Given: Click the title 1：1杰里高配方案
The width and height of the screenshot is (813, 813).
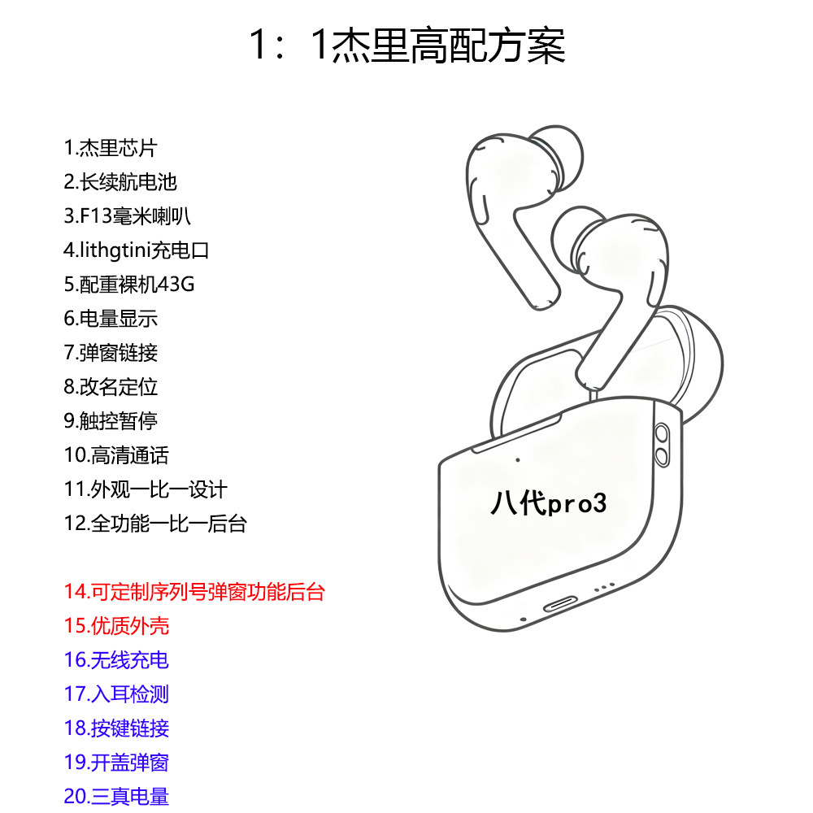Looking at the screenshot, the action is pyautogui.click(x=406, y=46).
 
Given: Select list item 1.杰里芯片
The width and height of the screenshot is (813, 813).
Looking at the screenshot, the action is pyautogui.click(x=111, y=148).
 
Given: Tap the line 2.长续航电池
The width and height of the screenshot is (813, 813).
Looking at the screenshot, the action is pyautogui.click(x=120, y=182).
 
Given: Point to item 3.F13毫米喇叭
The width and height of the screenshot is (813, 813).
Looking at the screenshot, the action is pyautogui.click(x=128, y=216).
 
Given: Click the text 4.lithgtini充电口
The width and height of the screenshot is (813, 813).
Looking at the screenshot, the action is pyautogui.click(x=137, y=250).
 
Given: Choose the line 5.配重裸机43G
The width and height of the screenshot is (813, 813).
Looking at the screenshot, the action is pyautogui.click(x=129, y=285).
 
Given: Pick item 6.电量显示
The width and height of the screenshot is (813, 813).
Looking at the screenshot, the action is pyautogui.click(x=111, y=319).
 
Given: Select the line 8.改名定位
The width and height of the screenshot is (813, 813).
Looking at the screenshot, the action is pyautogui.click(x=111, y=387).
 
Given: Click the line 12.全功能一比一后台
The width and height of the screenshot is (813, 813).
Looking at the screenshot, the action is pyautogui.click(x=155, y=524).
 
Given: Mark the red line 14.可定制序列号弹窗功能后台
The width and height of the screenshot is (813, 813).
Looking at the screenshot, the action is pyautogui.click(x=194, y=592).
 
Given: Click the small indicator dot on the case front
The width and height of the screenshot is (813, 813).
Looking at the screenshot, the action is pyautogui.click(x=517, y=460).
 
